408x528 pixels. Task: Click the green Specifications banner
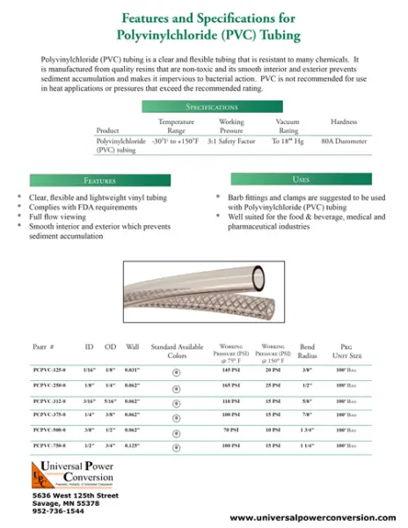(x=204, y=106)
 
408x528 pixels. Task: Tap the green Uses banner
(x=300, y=180)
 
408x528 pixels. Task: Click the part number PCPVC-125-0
(x=50, y=370)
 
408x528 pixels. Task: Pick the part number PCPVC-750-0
(x=50, y=446)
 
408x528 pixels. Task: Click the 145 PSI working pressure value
(x=231, y=370)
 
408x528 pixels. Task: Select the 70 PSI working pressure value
(x=231, y=431)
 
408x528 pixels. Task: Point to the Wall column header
(x=133, y=348)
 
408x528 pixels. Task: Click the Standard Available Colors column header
(x=177, y=352)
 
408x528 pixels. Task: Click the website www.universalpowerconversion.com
(x=305, y=518)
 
